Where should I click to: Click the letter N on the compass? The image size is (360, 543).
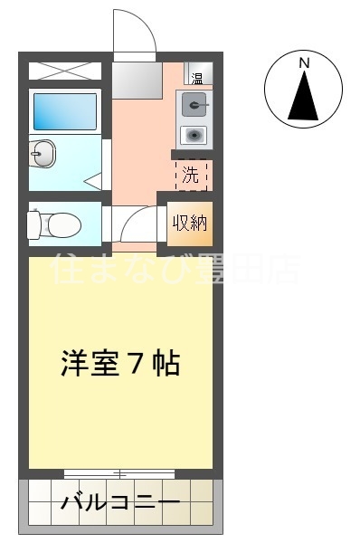pyautogui.click(x=305, y=62)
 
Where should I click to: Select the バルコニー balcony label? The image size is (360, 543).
pyautogui.click(x=120, y=503)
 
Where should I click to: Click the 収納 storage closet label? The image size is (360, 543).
pyautogui.click(x=190, y=223)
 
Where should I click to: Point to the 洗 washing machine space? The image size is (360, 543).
pyautogui.click(x=191, y=176)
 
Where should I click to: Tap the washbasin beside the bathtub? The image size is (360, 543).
pyautogui.click(x=42, y=155)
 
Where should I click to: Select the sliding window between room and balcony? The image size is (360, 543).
pyautogui.click(x=119, y=472)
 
